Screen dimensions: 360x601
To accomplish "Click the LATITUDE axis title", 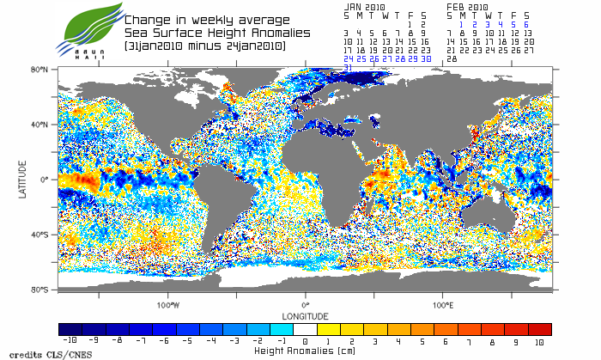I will (x=22, y=179).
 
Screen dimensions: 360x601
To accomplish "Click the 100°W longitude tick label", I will (x=168, y=304).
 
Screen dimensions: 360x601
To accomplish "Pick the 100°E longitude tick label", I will (x=443, y=304).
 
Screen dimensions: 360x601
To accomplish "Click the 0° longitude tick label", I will (x=306, y=304).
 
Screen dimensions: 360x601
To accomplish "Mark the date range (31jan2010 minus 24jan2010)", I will (x=204, y=44).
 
